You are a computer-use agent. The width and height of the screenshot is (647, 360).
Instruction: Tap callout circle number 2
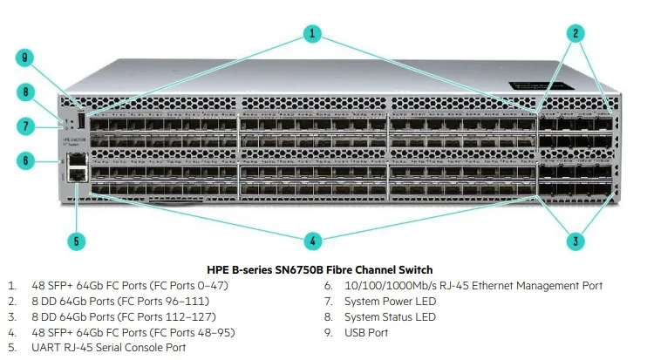coord(575,34)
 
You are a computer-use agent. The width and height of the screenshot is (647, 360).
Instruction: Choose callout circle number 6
coord(26,160)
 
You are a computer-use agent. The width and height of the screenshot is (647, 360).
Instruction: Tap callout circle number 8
coord(26,92)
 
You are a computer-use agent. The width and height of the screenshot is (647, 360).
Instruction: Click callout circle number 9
coord(26,58)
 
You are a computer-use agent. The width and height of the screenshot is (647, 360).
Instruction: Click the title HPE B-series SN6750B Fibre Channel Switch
coord(319,269)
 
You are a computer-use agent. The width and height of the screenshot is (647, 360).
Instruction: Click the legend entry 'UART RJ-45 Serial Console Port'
coord(108,348)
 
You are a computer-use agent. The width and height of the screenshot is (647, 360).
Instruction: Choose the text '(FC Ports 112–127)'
coord(170,316)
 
